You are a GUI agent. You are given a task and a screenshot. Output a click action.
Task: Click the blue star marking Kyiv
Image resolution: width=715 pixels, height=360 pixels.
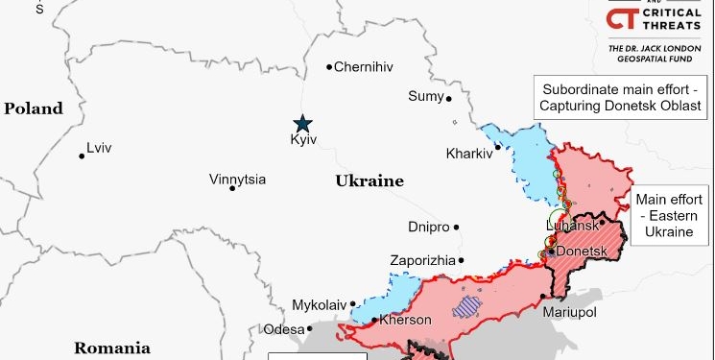click(302, 123)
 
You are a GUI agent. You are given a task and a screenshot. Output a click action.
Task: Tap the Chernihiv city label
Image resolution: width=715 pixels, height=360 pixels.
click(365, 67)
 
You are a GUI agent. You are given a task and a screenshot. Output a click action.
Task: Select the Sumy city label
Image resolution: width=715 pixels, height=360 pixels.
click(426, 96)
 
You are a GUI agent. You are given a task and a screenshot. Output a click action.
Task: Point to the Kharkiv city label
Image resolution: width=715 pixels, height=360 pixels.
click(468, 154)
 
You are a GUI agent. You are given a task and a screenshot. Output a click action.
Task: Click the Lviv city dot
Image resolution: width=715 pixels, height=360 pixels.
click(82, 156)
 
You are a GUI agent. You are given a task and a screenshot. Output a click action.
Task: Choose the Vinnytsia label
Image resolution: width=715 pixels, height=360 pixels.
click(238, 180)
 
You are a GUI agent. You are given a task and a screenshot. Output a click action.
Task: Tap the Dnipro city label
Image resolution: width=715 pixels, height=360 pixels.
click(428, 227)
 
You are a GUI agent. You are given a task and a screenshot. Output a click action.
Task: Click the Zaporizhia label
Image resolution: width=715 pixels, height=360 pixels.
click(421, 260)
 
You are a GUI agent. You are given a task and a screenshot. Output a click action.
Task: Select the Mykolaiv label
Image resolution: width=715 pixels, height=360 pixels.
click(319, 305)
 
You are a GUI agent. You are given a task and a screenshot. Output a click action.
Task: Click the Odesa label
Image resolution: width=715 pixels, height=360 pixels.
click(283, 329)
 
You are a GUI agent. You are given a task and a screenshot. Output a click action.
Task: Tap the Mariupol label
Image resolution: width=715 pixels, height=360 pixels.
click(569, 313)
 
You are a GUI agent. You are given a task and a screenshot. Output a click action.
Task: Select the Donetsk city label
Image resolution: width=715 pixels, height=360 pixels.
click(583, 252)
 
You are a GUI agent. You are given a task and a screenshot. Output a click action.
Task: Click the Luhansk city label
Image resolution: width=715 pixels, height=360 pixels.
click(572, 226)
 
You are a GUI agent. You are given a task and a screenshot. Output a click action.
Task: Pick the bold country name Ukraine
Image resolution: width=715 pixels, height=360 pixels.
click(369, 181)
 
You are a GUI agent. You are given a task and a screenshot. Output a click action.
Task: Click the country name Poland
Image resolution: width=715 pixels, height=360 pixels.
click(33, 108)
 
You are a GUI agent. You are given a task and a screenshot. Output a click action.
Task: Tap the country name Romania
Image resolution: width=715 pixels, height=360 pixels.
click(112, 348)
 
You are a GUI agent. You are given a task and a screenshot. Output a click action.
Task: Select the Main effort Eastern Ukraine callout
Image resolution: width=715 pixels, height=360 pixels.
click(664, 216)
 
